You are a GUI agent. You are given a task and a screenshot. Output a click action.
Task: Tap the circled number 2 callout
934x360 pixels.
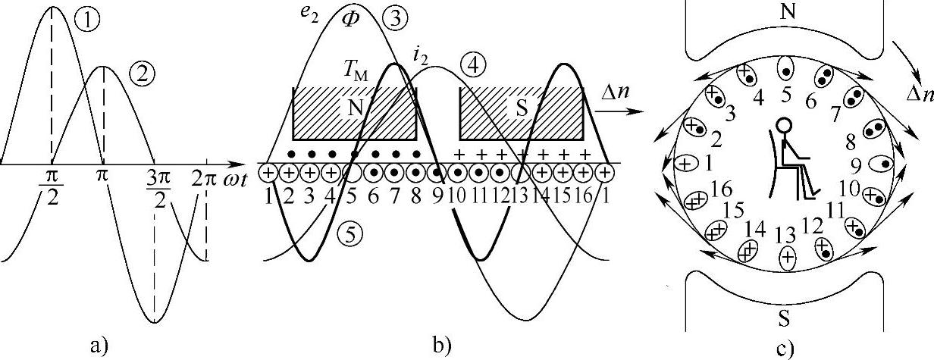click(141, 73)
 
